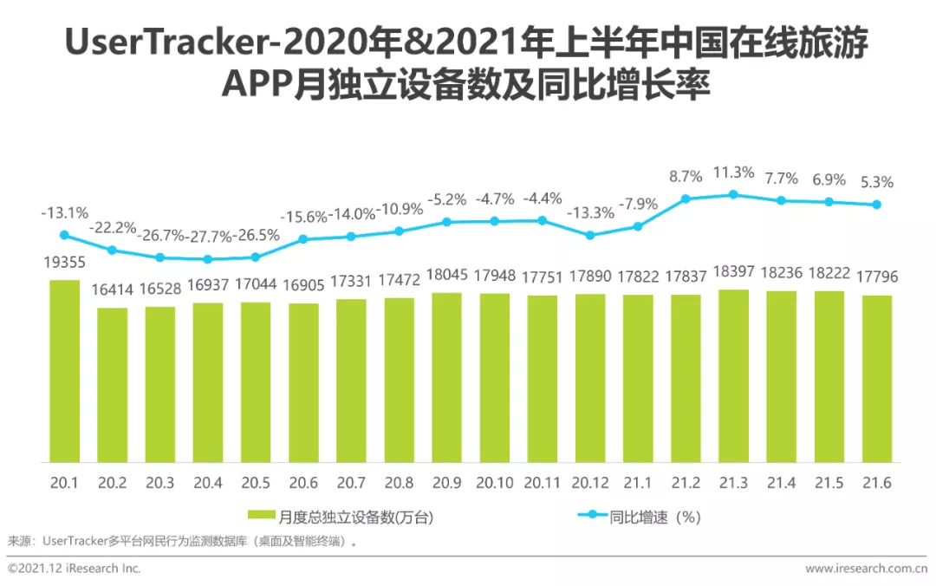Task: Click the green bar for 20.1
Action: [64, 371]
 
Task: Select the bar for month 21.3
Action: [733, 375]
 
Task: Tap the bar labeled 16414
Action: [112, 385]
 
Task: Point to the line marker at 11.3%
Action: [733, 194]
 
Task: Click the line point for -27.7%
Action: [207, 258]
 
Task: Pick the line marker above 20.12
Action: [590, 235]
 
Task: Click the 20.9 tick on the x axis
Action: [446, 483]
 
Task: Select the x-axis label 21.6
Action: [877, 483]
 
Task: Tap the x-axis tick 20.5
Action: [256, 483]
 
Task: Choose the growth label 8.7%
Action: [686, 177]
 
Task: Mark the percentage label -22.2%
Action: [113, 228]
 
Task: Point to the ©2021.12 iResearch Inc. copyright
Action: [74, 569]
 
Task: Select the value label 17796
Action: [877, 278]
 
